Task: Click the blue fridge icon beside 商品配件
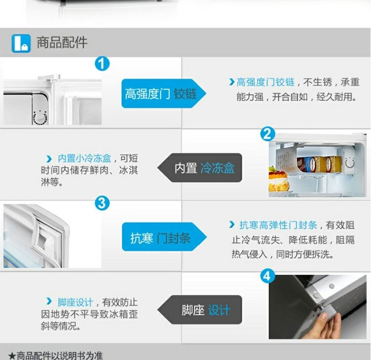[21, 44]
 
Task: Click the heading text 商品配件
[62, 43]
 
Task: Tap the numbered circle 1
[102, 64]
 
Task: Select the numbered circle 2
[268, 134]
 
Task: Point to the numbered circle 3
[102, 203]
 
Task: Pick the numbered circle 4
[267, 276]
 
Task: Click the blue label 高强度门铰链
[164, 93]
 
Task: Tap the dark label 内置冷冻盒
[200, 168]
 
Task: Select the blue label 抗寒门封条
[164, 237]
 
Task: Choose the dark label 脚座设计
[200, 310]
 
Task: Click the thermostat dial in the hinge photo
[40, 118]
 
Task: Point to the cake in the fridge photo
[278, 179]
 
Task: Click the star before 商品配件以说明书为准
[12, 356]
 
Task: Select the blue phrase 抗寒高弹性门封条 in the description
[278, 225]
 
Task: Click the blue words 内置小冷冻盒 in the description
[84, 158]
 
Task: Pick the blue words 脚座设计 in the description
[75, 303]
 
